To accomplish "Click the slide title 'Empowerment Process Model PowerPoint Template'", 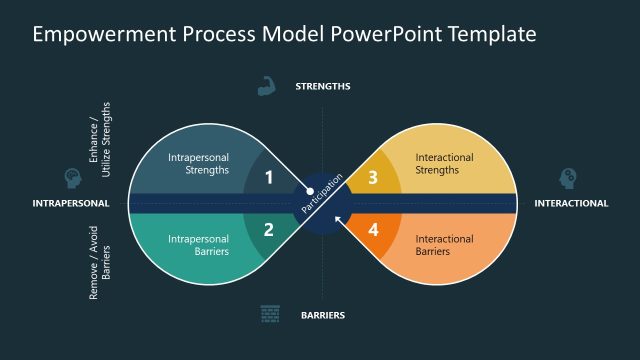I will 284,34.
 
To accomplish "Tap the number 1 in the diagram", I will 268,177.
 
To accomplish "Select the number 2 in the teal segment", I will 268,229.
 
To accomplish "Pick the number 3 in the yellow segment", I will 373,177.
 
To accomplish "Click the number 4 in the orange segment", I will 373,229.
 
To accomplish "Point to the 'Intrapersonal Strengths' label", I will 198,163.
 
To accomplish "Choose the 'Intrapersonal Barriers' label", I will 198,245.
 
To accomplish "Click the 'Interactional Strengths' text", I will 444,163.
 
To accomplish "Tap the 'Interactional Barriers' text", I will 444,245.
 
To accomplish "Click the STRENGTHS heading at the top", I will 322,86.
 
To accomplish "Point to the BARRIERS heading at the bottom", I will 322,315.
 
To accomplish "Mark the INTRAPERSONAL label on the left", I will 71,203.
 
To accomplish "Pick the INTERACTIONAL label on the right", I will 571,203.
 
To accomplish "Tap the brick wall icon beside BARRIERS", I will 270,314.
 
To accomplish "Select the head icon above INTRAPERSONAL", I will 72,178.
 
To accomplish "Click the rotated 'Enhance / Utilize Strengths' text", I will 100,140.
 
